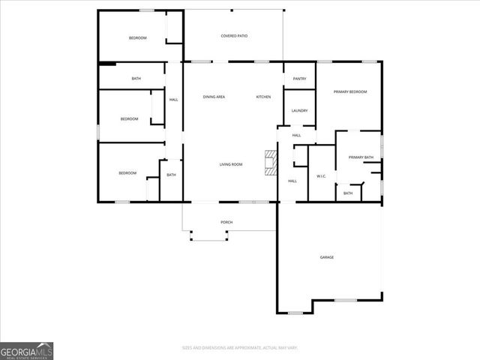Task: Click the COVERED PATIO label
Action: pyautogui.click(x=234, y=36)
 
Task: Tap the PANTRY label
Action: pyautogui.click(x=299, y=78)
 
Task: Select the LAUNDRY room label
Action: pyautogui.click(x=299, y=111)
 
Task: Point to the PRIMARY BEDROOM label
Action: pyautogui.click(x=350, y=91)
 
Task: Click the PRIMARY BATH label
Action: pyautogui.click(x=361, y=157)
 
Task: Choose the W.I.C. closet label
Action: pyautogui.click(x=321, y=177)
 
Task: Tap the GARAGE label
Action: pyautogui.click(x=327, y=257)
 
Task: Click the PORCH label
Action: pyautogui.click(x=226, y=223)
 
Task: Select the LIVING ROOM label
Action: pyautogui.click(x=230, y=164)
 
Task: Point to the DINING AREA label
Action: pyautogui.click(x=214, y=97)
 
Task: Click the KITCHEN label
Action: pyautogui.click(x=263, y=97)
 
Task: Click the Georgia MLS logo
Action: pyautogui.click(x=26, y=350)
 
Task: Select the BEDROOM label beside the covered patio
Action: pyautogui.click(x=137, y=38)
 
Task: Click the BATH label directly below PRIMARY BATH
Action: pyautogui.click(x=348, y=193)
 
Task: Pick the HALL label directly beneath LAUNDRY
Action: pyautogui.click(x=296, y=135)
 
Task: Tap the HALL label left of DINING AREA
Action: pyautogui.click(x=173, y=100)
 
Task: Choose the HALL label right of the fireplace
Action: pyautogui.click(x=292, y=181)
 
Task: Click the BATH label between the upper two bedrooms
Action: pyautogui.click(x=136, y=79)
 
